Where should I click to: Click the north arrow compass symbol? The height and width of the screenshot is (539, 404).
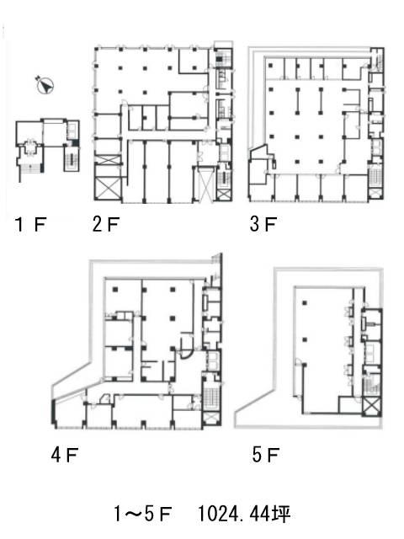pyautogui.click(x=45, y=84)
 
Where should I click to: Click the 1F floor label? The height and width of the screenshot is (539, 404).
pyautogui.click(x=31, y=225)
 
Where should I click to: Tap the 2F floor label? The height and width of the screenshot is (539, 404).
pyautogui.click(x=106, y=225)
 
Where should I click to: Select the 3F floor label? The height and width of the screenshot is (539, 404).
pyautogui.click(x=263, y=224)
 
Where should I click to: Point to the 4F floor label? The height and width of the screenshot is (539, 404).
pyautogui.click(x=65, y=455)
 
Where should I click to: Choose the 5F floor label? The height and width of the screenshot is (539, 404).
pyautogui.click(x=266, y=455)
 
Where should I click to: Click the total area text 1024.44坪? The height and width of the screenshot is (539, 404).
pyautogui.click(x=244, y=515)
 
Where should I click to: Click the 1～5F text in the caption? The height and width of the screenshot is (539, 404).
pyautogui.click(x=142, y=515)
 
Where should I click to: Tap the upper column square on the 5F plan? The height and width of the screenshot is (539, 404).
pyautogui.click(x=305, y=303)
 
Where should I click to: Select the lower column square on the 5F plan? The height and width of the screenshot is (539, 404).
pyautogui.click(x=305, y=339)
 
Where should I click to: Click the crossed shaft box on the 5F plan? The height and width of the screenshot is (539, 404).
pyautogui.click(x=371, y=406)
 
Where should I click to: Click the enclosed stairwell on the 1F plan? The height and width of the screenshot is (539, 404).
pyautogui.click(x=72, y=158)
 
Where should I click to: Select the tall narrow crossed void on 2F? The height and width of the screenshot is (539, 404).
pyautogui.click(x=205, y=184)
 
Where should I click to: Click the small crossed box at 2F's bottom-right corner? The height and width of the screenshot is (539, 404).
pyautogui.click(x=223, y=195)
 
